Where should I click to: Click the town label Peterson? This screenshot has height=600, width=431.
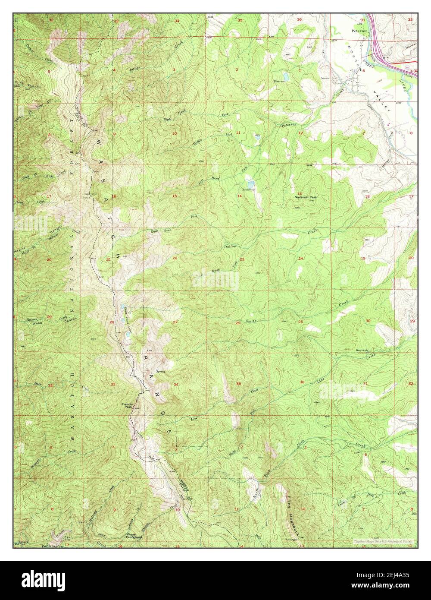[359, 31]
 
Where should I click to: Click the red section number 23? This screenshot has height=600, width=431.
[242, 259]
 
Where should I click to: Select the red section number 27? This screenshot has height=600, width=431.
[175, 322]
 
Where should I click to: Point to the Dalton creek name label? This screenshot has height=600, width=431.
[230, 246]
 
